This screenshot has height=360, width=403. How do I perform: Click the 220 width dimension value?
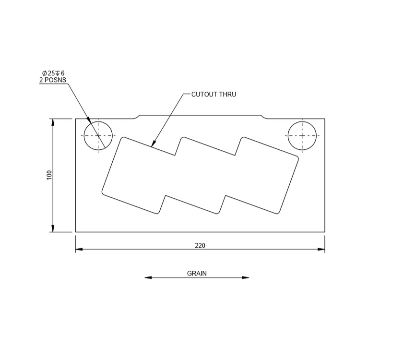tap(200, 245)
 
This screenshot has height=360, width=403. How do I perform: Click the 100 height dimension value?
tap(49, 175)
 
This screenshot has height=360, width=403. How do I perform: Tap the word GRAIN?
tap(197, 274)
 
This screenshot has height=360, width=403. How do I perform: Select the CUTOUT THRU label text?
tap(213, 95)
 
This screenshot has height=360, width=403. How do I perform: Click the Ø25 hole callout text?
tap(53, 73)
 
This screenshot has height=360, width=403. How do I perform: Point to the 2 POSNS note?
tap(53, 80)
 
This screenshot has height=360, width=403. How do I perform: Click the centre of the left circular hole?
tap(98, 136)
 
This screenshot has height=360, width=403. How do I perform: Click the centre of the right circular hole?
tap(302, 136)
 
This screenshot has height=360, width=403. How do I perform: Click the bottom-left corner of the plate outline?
tap(75, 232)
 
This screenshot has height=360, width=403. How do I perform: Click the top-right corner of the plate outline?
tap(325, 119)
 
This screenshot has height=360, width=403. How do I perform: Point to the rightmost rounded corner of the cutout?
tap(297, 158)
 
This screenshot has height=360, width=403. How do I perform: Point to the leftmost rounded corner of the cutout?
tap(103, 192)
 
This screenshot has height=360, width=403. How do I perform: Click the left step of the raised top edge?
tap(136, 117)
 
